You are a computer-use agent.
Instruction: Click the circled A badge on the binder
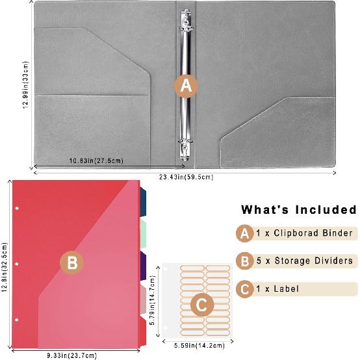click(x=186, y=85)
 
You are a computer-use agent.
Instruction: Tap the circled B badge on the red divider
click(x=73, y=263)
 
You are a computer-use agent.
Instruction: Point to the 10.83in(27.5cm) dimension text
click(x=97, y=161)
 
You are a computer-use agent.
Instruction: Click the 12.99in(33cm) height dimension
click(x=23, y=87)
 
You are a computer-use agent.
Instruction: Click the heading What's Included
click(x=299, y=210)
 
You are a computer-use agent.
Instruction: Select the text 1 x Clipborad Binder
click(x=304, y=233)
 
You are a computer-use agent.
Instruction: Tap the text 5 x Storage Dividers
click(x=304, y=261)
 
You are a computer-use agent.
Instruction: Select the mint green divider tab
click(x=144, y=232)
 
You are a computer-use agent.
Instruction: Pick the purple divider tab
click(x=144, y=267)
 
